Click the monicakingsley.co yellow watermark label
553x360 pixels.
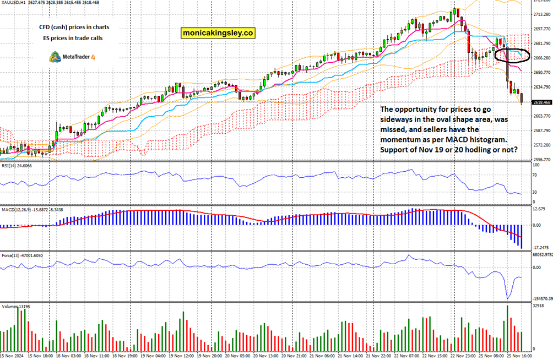tap(218, 34)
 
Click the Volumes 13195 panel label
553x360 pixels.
tap(16, 306)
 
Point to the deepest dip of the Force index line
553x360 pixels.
tap(508, 298)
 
